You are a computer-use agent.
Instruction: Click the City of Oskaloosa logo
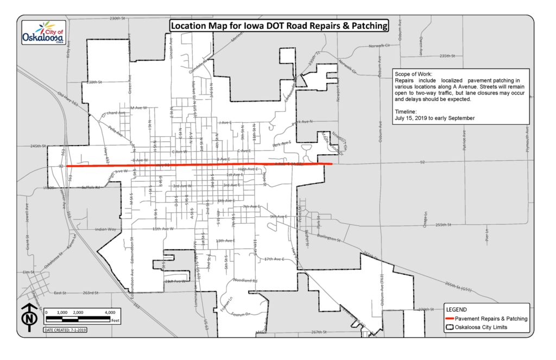43,34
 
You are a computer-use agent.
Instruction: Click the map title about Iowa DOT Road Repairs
279,26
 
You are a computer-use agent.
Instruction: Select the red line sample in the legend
449,319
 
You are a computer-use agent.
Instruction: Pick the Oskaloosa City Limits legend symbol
449,327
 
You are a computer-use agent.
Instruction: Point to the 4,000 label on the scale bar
110,313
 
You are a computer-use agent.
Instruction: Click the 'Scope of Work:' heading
414,73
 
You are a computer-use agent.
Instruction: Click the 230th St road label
117,19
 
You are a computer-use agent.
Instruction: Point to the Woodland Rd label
245,281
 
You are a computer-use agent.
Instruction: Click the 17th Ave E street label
274,259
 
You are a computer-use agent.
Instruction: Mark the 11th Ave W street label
163,229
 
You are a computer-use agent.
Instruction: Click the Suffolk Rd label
91,187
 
